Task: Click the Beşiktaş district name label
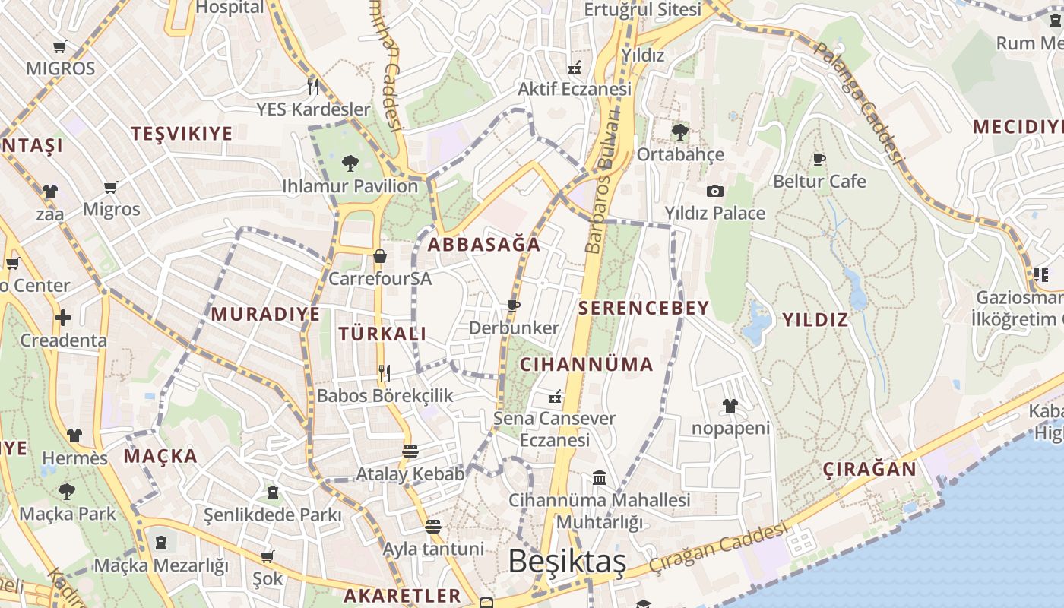point(567,562)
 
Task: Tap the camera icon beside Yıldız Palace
point(714,191)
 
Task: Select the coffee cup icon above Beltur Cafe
point(819,160)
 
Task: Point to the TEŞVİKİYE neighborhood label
point(182,134)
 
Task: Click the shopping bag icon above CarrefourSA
point(379,256)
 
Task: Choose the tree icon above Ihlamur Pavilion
point(350,163)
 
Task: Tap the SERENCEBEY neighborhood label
point(644,308)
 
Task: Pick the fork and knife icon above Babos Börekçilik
point(385,372)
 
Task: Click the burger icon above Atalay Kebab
point(410,451)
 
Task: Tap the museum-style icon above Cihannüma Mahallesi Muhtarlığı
point(599,478)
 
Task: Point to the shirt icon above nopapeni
point(730,406)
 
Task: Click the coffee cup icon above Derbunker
point(514,306)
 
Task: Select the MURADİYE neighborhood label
point(265,314)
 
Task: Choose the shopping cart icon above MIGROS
point(60,46)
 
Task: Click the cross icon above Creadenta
point(63,318)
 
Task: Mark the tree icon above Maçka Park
point(67,491)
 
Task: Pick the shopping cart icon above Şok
point(267,557)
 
